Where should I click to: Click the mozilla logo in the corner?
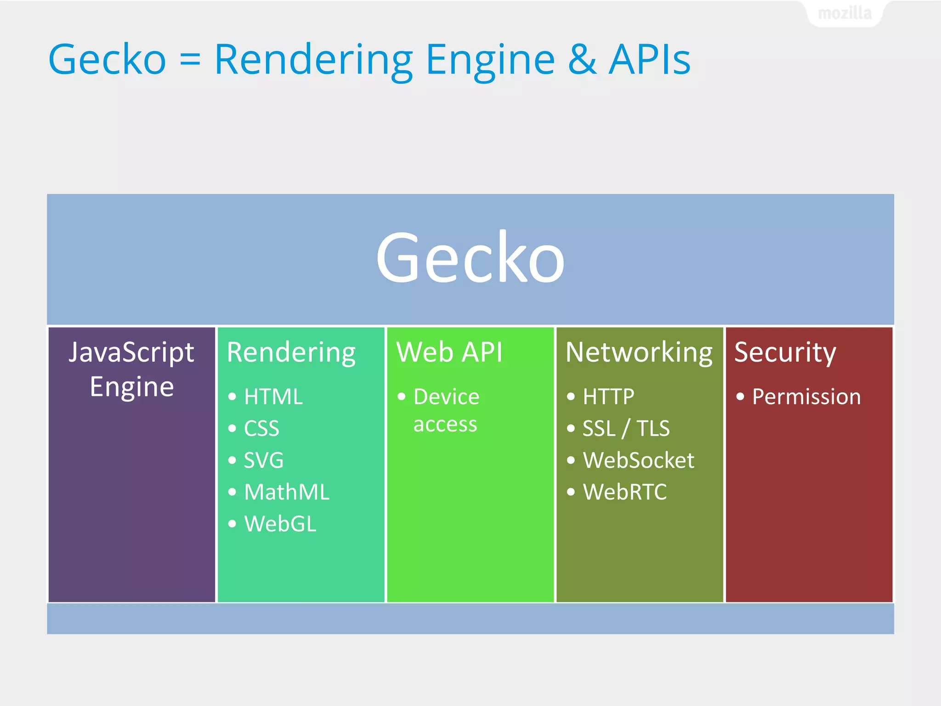(x=845, y=13)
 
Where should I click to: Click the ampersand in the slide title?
(x=582, y=60)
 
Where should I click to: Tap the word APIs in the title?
(x=649, y=60)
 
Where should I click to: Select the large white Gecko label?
(x=470, y=258)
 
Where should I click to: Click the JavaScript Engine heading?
(x=131, y=369)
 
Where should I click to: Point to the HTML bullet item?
(x=273, y=397)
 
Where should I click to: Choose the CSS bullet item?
(x=261, y=428)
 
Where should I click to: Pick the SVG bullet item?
(x=263, y=460)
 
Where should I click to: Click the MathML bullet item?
(x=286, y=492)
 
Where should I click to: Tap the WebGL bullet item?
(x=280, y=524)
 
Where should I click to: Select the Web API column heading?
(x=449, y=353)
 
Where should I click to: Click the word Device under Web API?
(x=446, y=397)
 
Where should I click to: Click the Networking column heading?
(x=639, y=353)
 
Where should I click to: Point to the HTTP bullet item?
(x=608, y=397)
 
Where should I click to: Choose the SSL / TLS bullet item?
(x=626, y=428)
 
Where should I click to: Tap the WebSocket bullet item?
(x=638, y=460)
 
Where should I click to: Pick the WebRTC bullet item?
(x=624, y=492)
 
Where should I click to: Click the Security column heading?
(x=785, y=353)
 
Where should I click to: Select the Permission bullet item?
(x=806, y=397)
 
